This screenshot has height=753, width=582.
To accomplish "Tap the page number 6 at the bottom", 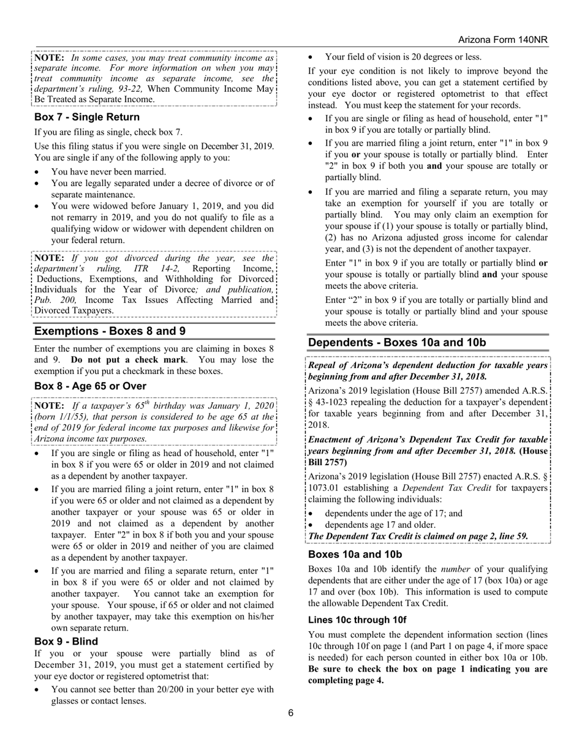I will point(291,713).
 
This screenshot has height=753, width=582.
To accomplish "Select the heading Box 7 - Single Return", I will point(87,117).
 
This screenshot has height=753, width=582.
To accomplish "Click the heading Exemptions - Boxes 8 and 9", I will point(110,331).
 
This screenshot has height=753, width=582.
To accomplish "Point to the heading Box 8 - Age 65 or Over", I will point(90,386).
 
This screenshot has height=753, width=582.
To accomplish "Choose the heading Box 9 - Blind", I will point(66,642).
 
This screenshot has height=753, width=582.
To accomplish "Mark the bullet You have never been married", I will point(108,171).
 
